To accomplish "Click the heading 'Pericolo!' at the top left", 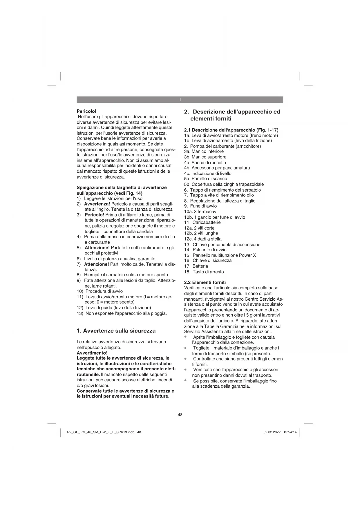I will click(86, 111).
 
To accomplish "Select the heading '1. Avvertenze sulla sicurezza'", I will click(116, 331).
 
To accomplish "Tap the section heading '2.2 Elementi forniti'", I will click(205, 282).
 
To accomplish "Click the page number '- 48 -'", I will click(180, 415).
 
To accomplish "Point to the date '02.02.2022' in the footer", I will click(272, 432).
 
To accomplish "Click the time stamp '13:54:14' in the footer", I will click(290, 432).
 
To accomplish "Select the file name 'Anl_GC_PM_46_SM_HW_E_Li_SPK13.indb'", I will click(100, 432).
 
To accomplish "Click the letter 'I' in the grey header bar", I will click(180, 100).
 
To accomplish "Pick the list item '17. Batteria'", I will click(196, 266).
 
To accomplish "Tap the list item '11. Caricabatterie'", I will click(202, 223).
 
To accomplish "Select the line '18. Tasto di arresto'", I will click(204, 272).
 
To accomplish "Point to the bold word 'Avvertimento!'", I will click(92, 353).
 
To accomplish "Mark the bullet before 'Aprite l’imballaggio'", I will click(185, 337).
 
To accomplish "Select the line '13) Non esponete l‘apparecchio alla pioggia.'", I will click(122, 313).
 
